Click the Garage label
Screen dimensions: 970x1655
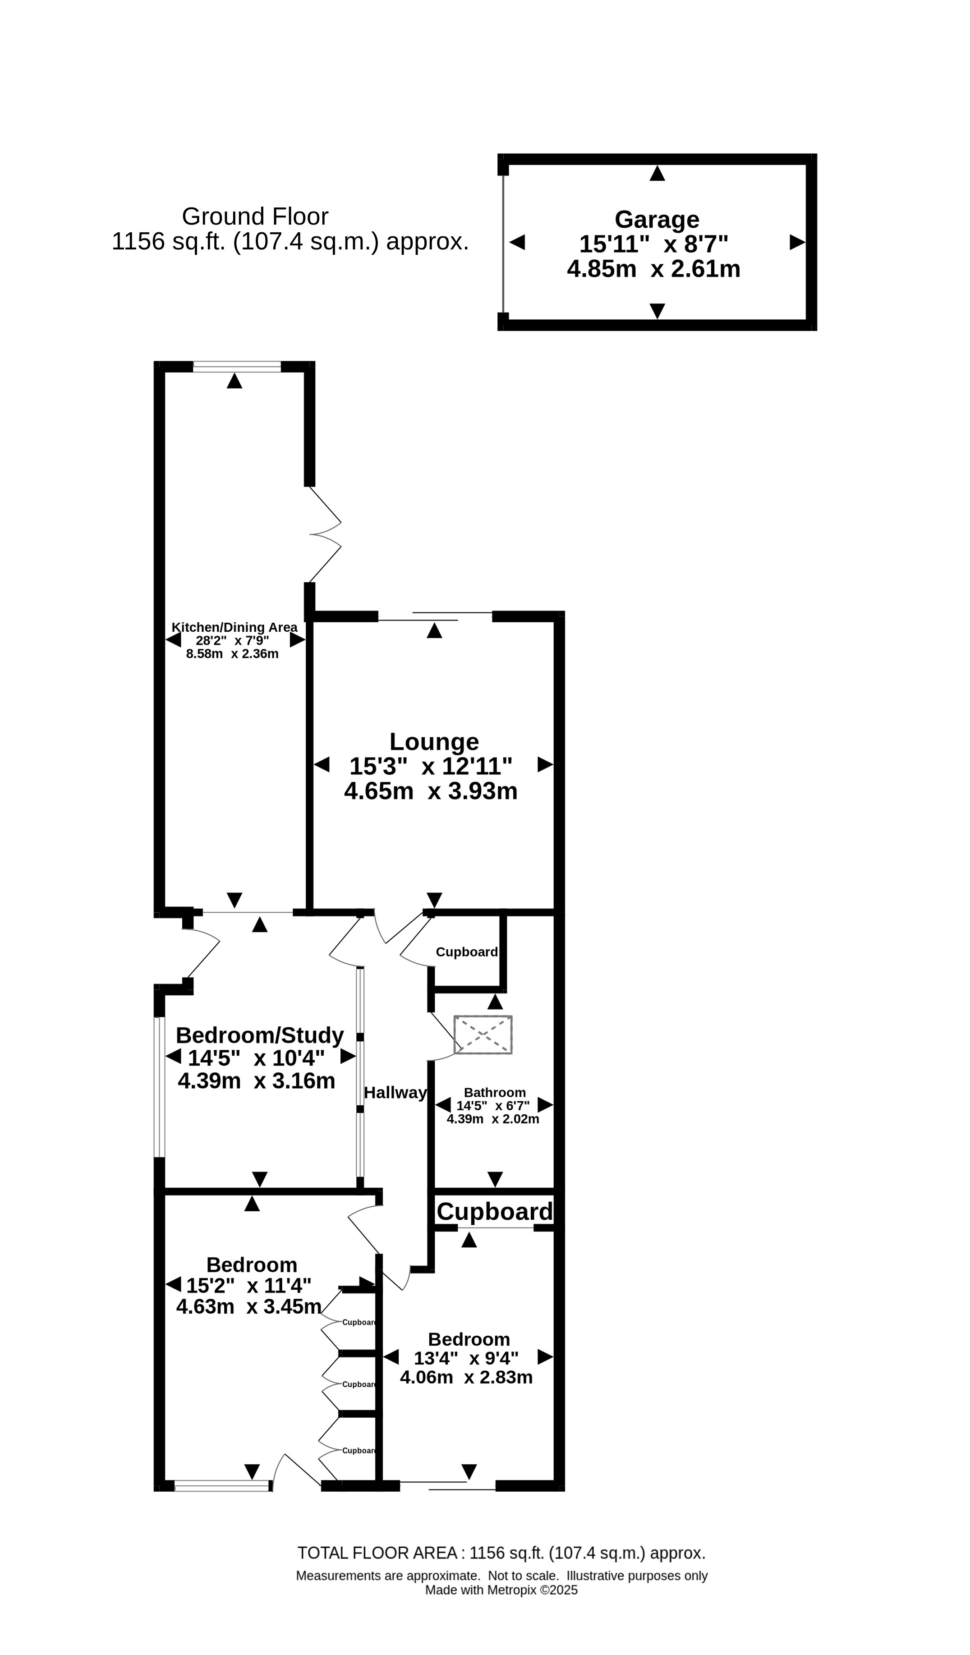[657, 219]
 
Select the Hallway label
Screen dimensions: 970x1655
[395, 1092]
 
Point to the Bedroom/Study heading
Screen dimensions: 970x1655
[260, 1036]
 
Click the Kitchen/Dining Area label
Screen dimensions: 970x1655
[234, 627]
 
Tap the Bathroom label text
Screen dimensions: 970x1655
[495, 1092]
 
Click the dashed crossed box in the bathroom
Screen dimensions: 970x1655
[483, 1035]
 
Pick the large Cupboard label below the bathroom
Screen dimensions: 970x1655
[495, 1212]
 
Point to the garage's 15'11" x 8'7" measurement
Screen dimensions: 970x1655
[653, 244]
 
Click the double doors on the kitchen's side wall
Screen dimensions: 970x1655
[326, 534]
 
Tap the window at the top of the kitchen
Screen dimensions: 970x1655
[237, 367]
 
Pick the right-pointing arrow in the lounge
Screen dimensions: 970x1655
[546, 764]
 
